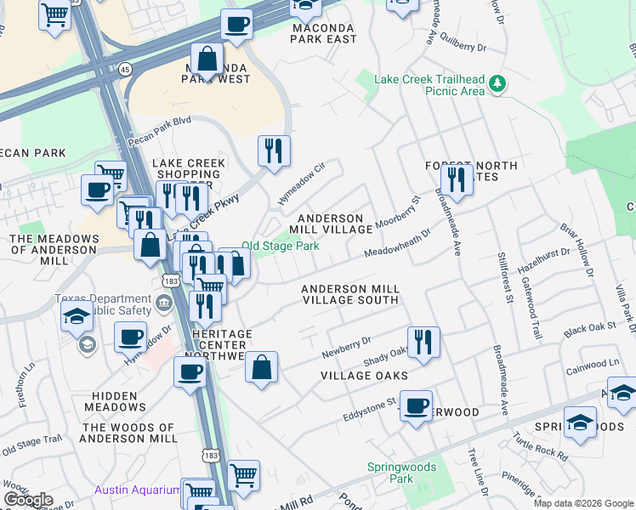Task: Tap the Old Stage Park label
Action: [x=281, y=246]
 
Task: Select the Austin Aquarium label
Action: [x=137, y=490]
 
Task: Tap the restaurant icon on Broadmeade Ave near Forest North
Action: [x=457, y=179]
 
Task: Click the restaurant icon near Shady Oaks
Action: [x=423, y=343]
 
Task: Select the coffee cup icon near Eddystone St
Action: [x=416, y=406]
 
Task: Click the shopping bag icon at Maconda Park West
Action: [x=207, y=59]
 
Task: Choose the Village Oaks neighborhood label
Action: [x=364, y=375]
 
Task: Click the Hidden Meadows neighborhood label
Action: [x=116, y=401]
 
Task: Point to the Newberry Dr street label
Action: [x=347, y=347]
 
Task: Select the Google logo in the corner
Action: [x=28, y=500]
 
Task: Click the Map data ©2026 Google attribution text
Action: [x=582, y=503]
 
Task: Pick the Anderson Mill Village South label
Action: [x=350, y=294]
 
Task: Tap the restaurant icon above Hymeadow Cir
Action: [x=274, y=151]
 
